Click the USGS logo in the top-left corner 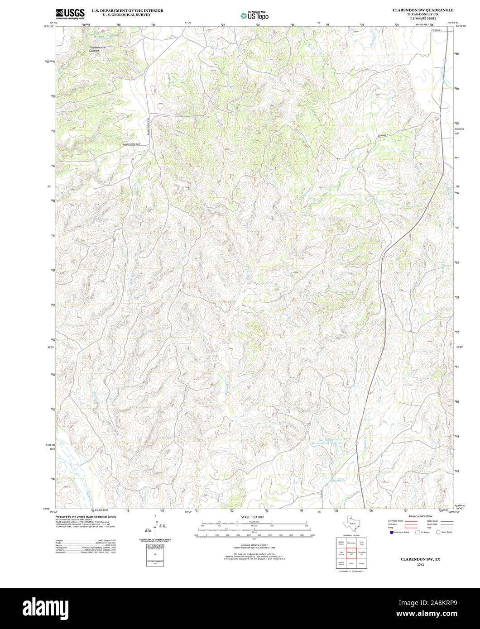(x=70, y=14)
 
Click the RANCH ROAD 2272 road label (x=132, y=144)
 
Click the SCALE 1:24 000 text (x=252, y=517)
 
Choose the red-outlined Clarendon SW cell (x=351, y=553)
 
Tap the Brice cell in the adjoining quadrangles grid (x=351, y=564)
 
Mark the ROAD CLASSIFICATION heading (x=420, y=516)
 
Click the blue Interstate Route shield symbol (x=391, y=532)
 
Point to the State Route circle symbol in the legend (x=438, y=532)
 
